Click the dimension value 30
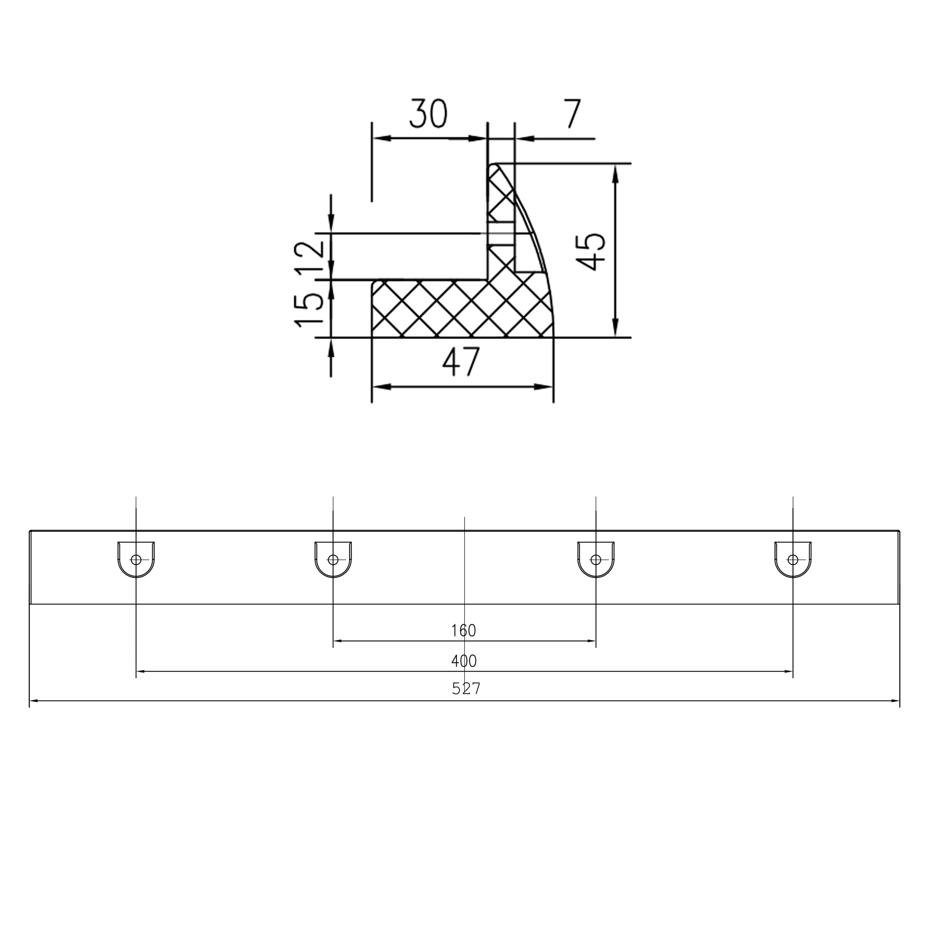(x=428, y=114)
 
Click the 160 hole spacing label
(x=464, y=631)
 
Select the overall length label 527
(x=465, y=689)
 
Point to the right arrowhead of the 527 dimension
(x=895, y=701)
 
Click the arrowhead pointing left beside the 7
(x=524, y=139)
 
